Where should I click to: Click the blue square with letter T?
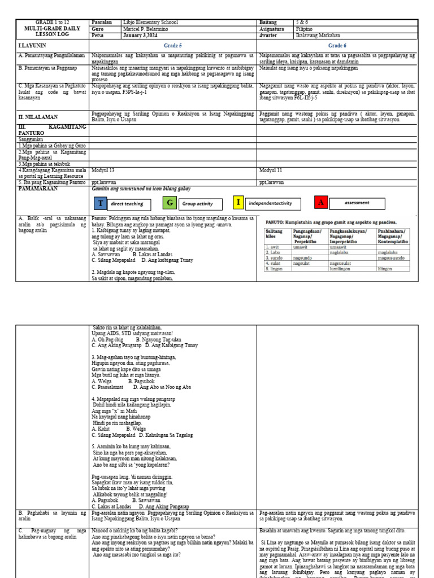[101, 203]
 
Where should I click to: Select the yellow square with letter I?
[238, 203]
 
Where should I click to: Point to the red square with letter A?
[321, 203]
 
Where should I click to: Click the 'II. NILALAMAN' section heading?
[38, 117]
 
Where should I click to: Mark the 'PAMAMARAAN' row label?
[38, 189]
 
